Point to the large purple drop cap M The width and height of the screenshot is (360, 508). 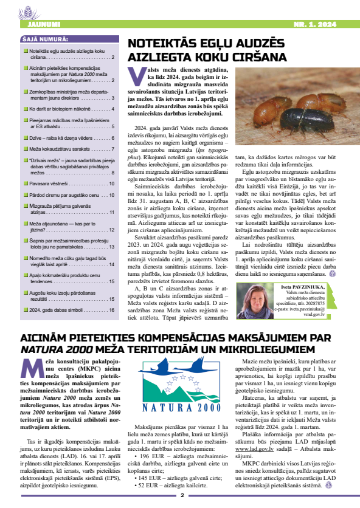point(30,369)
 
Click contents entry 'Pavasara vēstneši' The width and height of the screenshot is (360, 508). point(50,184)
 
